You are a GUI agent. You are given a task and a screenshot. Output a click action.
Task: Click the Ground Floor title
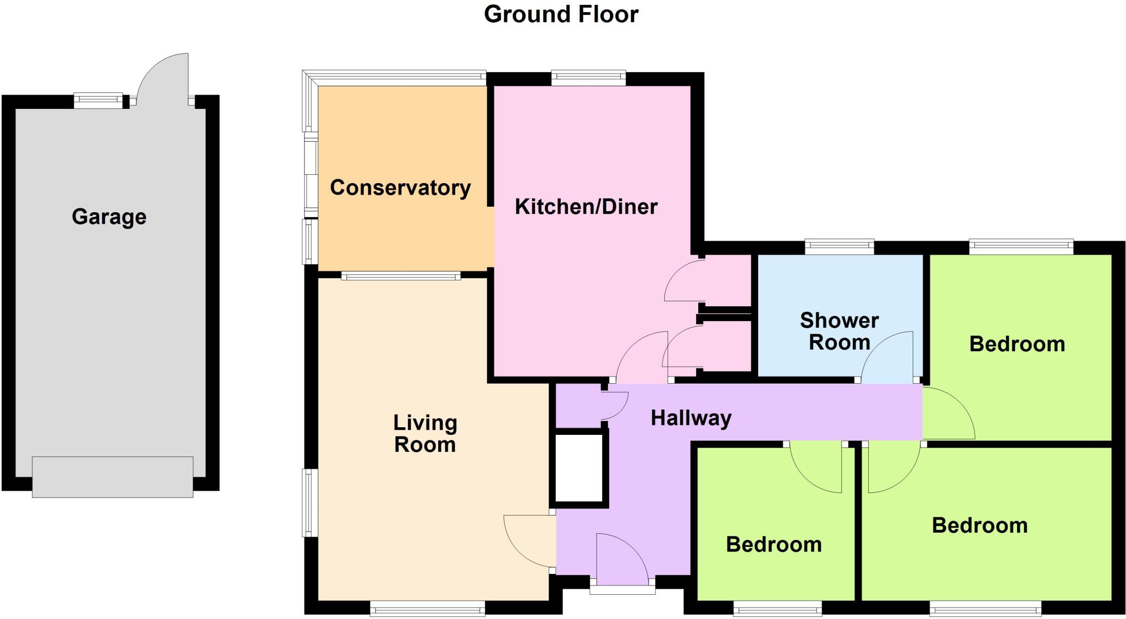coord(561,14)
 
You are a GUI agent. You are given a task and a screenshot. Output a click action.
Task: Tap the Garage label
coord(109,217)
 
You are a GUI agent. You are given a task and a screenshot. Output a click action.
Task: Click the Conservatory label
coord(400,188)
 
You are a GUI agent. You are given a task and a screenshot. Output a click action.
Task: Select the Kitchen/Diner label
coord(586,207)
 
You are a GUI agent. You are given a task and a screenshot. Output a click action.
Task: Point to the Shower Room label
coord(839,331)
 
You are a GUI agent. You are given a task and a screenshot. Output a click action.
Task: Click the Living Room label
coord(425,434)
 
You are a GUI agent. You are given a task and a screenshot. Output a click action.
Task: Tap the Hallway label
coord(691,418)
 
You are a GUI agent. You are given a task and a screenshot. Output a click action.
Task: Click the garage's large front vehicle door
coord(113,477)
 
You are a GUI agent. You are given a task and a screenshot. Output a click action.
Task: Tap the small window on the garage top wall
coord(98,100)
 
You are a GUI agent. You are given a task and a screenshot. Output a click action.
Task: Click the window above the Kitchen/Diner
coord(588,78)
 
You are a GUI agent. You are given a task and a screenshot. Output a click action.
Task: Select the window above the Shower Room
coord(839,246)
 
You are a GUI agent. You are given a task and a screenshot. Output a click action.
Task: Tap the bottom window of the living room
coord(427,607)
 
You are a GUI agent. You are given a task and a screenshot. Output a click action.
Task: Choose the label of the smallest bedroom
coord(774,545)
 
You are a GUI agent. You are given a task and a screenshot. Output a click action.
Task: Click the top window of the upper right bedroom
coord(1020,246)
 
